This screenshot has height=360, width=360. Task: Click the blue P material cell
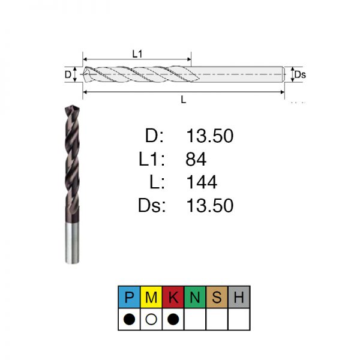pos(129,297)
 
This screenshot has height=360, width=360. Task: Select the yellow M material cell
pos(151,297)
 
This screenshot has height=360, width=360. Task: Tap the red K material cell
pos(173,297)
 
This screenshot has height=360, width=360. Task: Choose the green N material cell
pos(195,297)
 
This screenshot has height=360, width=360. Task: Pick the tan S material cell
pos(217,297)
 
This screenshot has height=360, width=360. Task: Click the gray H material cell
pos(239,297)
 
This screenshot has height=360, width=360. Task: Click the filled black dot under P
pos(129,319)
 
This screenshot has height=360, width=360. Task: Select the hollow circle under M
pos(151,319)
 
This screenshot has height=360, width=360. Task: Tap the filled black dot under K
pos(173,319)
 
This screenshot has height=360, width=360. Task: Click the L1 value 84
pos(196,159)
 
